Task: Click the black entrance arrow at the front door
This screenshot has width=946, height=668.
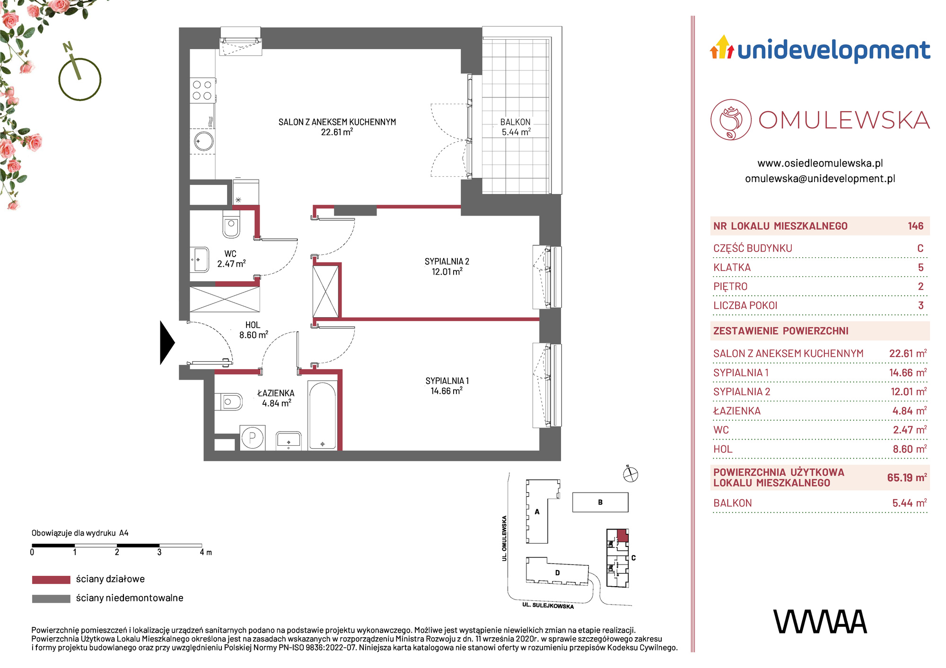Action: (167, 343)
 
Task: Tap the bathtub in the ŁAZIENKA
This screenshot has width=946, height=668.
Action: (323, 415)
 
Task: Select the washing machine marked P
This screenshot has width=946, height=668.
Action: (252, 437)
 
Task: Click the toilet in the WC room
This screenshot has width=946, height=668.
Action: (231, 224)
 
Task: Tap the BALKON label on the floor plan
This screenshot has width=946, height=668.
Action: (516, 122)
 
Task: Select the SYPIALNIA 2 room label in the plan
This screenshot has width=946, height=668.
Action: (447, 261)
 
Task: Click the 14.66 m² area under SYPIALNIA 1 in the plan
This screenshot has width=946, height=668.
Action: (447, 391)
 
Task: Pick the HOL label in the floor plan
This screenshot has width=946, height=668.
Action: (253, 325)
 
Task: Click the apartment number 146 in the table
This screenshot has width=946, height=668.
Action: (915, 226)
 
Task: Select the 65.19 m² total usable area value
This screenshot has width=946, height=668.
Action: (907, 477)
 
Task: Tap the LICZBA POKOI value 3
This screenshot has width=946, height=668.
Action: (920, 305)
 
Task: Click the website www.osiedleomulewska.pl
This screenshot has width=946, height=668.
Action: (820, 163)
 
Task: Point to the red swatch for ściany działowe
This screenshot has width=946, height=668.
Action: (51, 580)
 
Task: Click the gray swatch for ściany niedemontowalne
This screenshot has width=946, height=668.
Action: (51, 599)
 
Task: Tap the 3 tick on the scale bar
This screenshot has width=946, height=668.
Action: (159, 552)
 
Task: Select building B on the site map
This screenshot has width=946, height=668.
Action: (600, 502)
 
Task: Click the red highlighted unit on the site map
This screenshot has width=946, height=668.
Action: (623, 536)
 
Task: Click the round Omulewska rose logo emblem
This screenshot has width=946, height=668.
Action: (731, 120)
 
